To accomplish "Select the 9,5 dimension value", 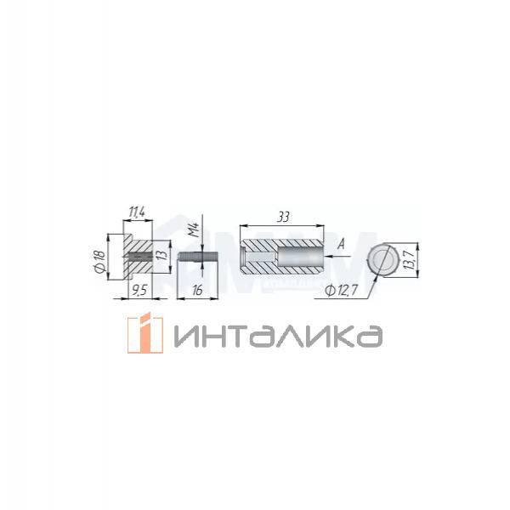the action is point(140,290).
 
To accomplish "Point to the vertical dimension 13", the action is point(163,254).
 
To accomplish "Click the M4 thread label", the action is point(194,230).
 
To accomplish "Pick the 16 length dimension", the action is point(197,290).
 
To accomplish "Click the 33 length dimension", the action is point(283,217).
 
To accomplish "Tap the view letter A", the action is point(341,244).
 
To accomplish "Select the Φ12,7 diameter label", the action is point(342,290).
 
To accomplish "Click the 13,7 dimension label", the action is point(411,260).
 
